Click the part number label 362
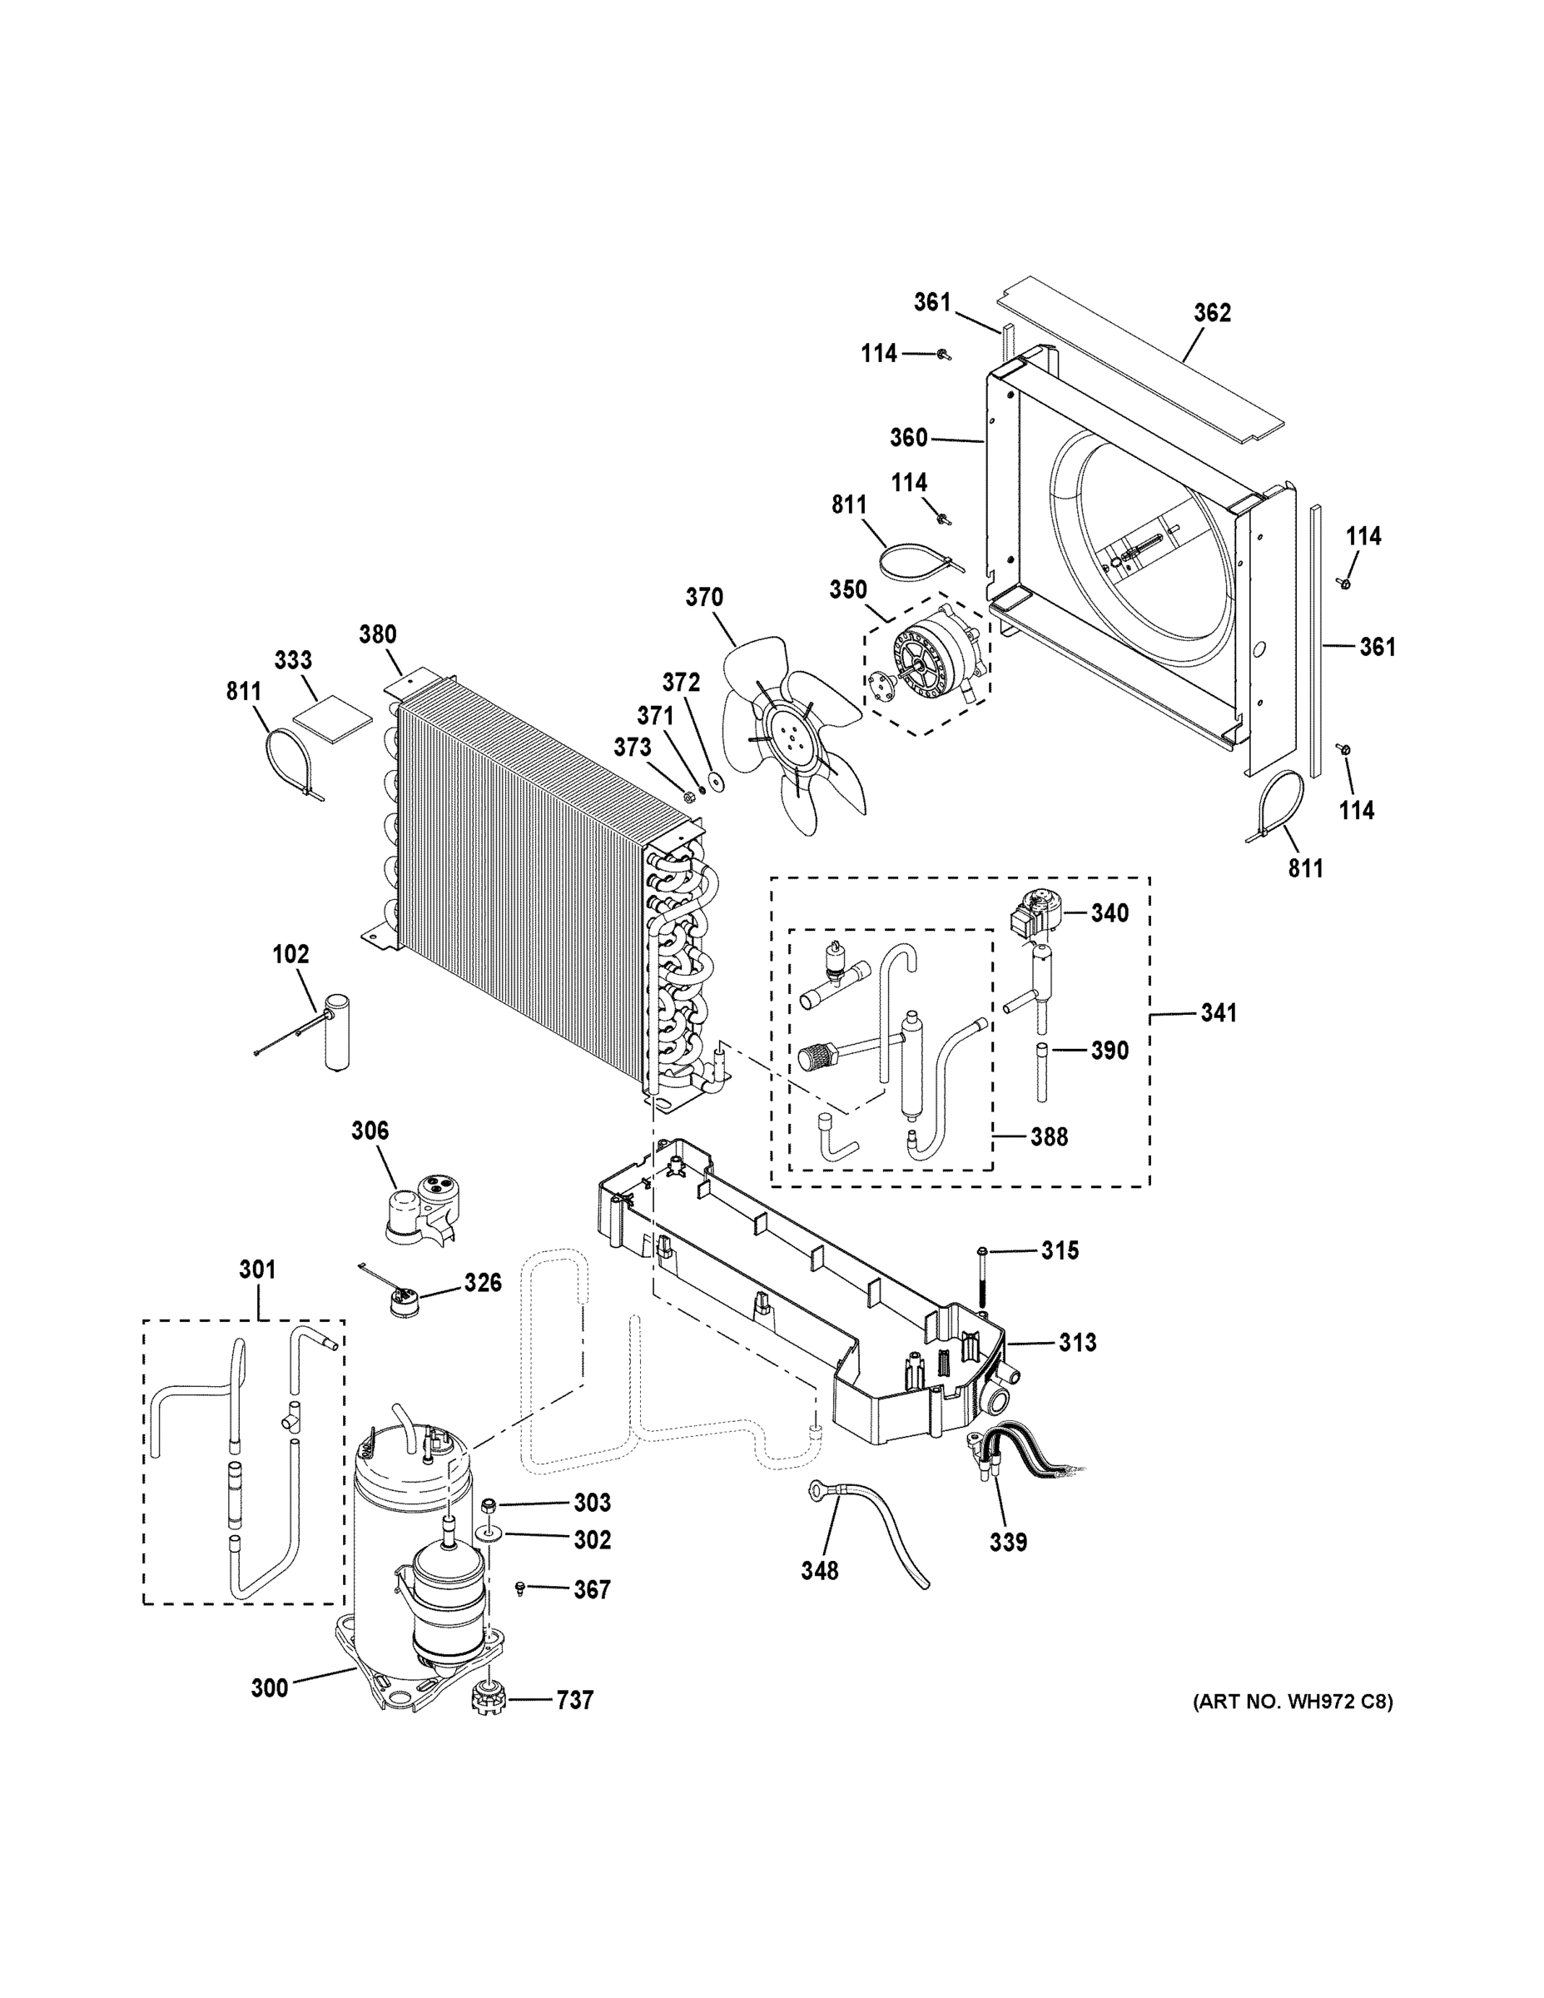1212,313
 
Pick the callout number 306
370,1131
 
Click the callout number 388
1048,1137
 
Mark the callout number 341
1218,1012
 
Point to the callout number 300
269,1687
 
